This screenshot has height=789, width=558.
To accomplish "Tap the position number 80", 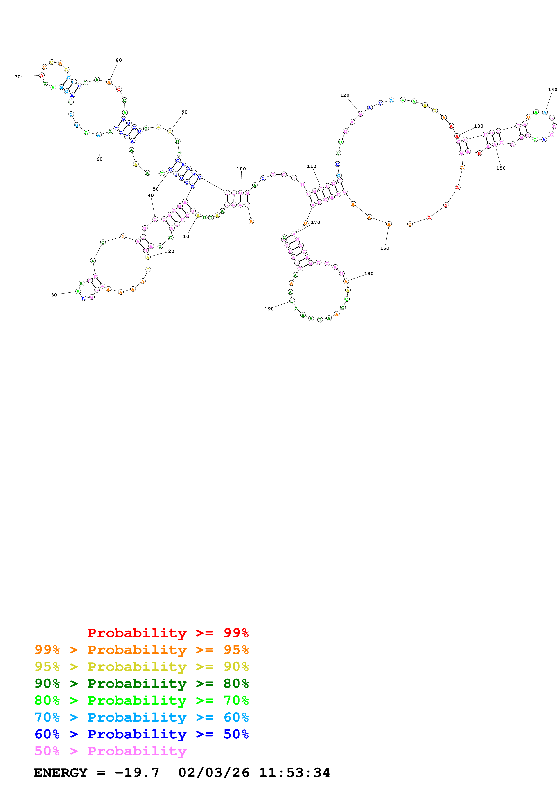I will (119, 60).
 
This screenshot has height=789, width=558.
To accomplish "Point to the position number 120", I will (344, 95).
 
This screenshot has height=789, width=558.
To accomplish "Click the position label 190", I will (269, 309).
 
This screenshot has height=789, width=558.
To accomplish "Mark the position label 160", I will (384, 248).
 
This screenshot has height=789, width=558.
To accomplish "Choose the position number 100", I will (241, 169).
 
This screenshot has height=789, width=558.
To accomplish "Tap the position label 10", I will (186, 236).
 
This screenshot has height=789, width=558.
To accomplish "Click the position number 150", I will (501, 168).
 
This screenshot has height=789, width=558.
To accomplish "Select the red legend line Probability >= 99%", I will (168, 633).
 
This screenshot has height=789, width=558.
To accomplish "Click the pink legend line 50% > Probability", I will (110, 751).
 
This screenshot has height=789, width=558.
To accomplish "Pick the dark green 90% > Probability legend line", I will (141, 684).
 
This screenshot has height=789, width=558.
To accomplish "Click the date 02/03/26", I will (214, 773).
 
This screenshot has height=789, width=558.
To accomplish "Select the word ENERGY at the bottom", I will (61, 773).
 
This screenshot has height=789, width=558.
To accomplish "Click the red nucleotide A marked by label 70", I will (42, 75).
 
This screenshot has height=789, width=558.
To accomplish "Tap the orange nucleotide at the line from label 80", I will (109, 82).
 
